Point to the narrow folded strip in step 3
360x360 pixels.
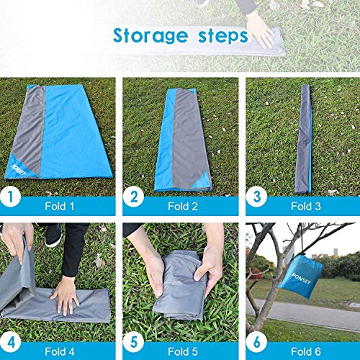pos(303,137)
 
